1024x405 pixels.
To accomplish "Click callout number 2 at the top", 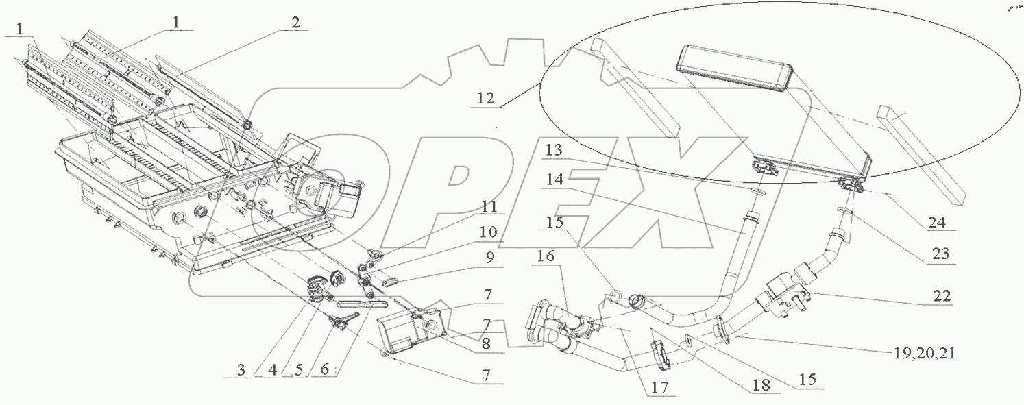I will [295, 22].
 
